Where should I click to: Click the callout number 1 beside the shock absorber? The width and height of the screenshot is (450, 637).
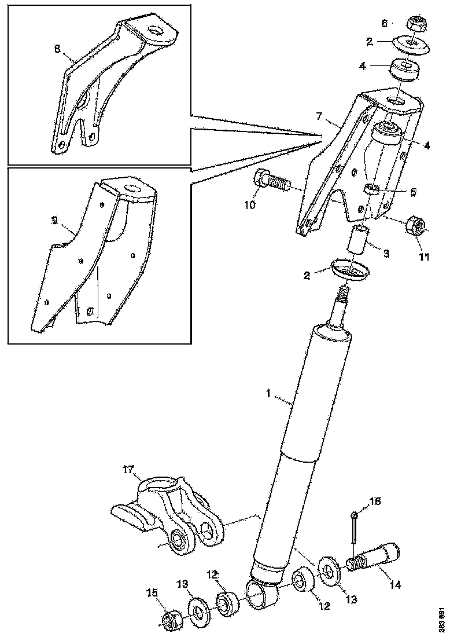coord(268,393)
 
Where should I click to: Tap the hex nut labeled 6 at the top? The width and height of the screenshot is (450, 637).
coord(417,24)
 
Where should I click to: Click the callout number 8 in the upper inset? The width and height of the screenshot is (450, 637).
coord(57,49)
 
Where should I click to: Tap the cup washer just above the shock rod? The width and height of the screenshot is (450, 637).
coord(351,269)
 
